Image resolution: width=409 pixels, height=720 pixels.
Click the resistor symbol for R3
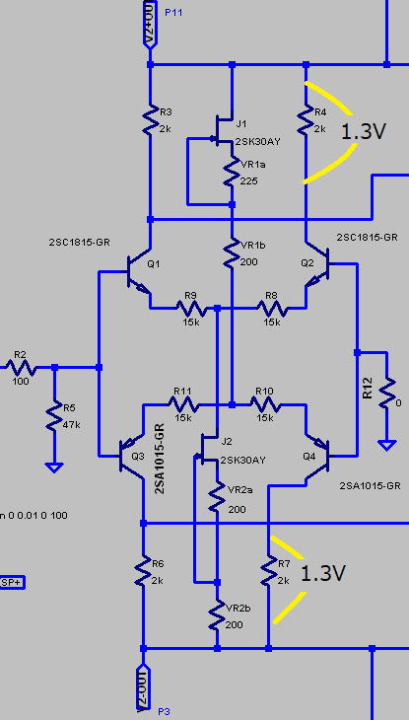[150, 119]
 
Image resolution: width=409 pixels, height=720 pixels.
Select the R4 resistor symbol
[307, 119]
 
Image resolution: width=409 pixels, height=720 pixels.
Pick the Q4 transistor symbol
[317, 456]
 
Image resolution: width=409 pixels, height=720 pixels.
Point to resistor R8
[273, 308]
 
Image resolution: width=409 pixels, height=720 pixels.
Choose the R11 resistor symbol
[183, 404]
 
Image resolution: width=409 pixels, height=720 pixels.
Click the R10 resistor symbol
[265, 404]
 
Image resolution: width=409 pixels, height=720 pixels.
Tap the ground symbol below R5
[54, 468]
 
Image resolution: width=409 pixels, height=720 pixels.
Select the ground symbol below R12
[386, 445]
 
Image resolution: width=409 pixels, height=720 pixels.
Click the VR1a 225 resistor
[232, 172]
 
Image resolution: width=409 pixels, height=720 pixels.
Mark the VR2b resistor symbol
[217, 615]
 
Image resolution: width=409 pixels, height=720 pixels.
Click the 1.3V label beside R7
[322, 573]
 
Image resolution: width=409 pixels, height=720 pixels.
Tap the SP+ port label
[12, 583]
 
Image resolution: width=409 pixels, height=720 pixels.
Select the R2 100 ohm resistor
[21, 367]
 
